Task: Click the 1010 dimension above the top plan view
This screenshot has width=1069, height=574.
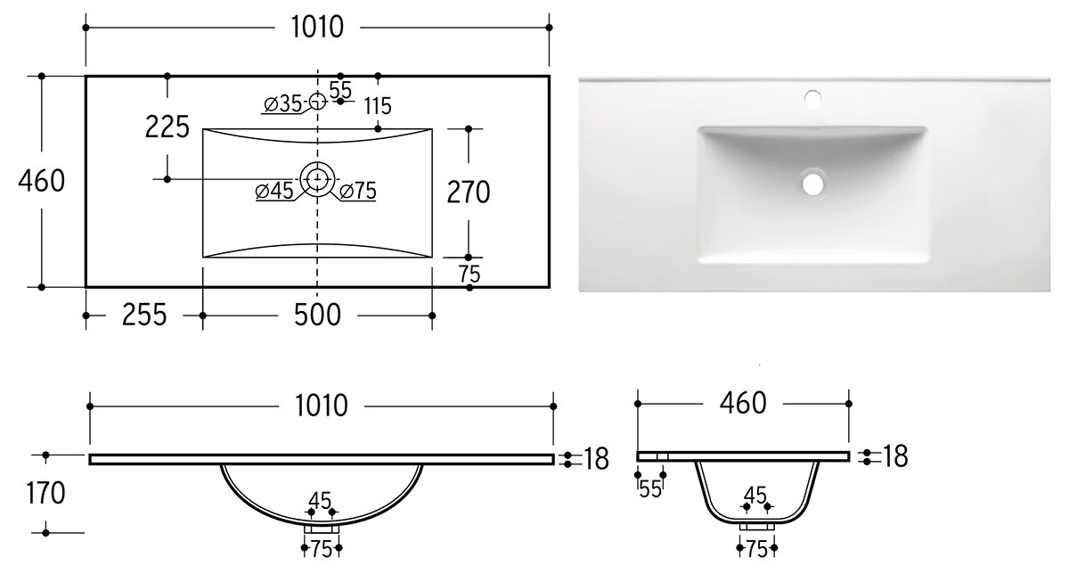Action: [x=317, y=28]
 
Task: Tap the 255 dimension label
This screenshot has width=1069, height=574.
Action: [x=144, y=316]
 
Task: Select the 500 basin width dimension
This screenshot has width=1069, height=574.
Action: [x=317, y=316]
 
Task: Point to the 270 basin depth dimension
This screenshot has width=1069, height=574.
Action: [x=469, y=193]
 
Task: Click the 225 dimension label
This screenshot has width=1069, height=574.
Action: [x=167, y=127]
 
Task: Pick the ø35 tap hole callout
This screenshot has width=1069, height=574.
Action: [x=282, y=103]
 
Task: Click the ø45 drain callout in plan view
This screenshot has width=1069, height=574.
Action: [x=274, y=191]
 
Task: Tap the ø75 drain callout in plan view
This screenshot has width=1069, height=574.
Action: [x=358, y=191]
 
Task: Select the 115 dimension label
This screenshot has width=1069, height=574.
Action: [x=378, y=106]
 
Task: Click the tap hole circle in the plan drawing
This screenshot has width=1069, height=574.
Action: [x=317, y=102]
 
